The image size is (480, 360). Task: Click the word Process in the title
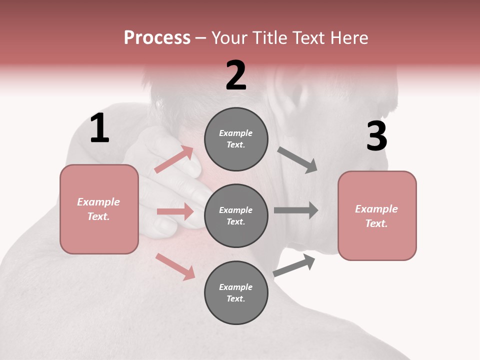pos(157,37)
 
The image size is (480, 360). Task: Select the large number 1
pos(99,128)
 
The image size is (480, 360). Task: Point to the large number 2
pos(236,75)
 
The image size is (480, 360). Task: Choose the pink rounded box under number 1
pos(99,209)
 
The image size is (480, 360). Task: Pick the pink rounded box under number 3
pos(377,216)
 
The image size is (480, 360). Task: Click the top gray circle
pos(236,139)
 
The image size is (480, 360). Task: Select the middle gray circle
pos(236,215)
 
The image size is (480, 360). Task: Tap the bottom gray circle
pos(236,292)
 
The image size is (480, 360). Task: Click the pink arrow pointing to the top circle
pos(173,159)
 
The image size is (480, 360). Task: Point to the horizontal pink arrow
pos(175,211)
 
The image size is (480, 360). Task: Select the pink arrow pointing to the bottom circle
pos(175,266)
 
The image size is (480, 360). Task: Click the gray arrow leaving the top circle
pos(297,160)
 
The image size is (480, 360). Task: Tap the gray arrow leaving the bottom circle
pos(294,265)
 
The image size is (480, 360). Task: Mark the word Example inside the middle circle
pos(235,210)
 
